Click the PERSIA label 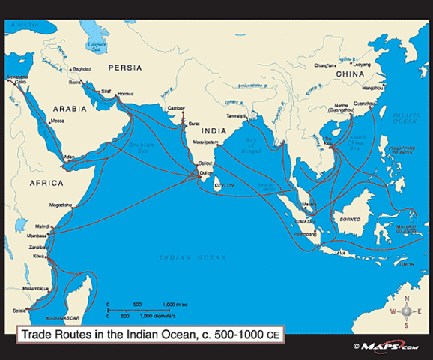[124, 67]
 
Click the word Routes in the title [85, 337]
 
